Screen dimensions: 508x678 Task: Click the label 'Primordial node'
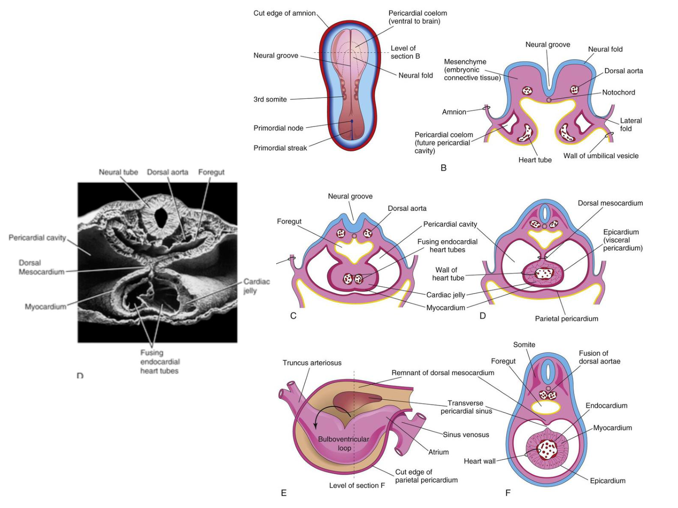[x=278, y=128]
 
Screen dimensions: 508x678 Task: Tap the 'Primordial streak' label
[x=280, y=148]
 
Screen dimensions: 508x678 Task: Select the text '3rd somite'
[x=270, y=99]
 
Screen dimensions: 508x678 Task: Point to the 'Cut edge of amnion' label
[x=284, y=13]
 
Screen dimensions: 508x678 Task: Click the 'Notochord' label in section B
[x=618, y=92]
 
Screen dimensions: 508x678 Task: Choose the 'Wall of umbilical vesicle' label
[x=601, y=156]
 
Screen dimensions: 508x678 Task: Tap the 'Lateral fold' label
[x=631, y=125]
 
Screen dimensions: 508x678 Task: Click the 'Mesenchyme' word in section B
[x=465, y=62]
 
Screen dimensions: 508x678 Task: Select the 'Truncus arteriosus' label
[x=312, y=363]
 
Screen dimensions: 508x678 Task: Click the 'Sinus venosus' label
[x=466, y=434]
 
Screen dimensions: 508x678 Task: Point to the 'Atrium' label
[x=438, y=452]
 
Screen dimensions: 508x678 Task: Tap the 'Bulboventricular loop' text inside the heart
[x=344, y=443]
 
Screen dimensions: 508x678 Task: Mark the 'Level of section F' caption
[x=357, y=485]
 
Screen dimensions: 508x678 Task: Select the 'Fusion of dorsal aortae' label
[x=599, y=357]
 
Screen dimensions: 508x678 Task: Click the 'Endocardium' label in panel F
[x=606, y=405]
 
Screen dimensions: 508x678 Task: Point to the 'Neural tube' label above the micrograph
[x=118, y=172]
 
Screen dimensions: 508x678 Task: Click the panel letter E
[x=283, y=493]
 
